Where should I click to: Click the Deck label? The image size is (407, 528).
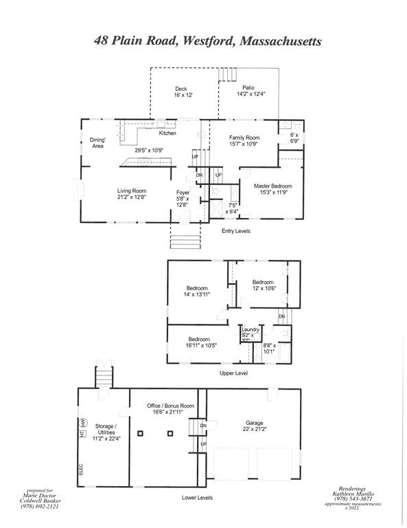coord(181,89)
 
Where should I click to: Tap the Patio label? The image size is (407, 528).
coord(248,87)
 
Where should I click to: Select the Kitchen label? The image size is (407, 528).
coord(167,133)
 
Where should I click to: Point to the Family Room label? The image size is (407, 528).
coord(244,138)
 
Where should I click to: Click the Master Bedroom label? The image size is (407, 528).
coord(272,186)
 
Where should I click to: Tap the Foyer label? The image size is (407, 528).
coord(183,192)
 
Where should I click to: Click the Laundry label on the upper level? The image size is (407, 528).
coord(251,329)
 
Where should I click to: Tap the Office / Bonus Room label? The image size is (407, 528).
coord(170,406)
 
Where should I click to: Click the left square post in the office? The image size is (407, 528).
coord(139,434)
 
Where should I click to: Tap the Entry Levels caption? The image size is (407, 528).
coord(235,231)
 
